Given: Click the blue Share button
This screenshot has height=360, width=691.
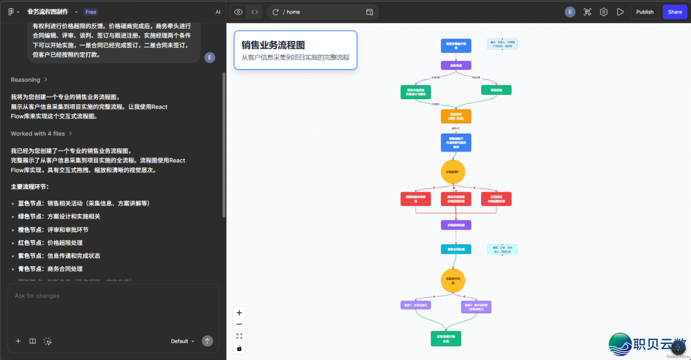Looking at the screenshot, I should coord(674,12).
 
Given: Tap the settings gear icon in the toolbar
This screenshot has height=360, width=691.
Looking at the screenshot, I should coord(603,12).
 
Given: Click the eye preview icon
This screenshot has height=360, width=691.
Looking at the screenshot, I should coord(238,12).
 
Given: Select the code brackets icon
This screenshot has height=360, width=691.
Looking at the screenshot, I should coord(255,12).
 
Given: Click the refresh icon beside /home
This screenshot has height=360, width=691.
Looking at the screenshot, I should coord(276,12).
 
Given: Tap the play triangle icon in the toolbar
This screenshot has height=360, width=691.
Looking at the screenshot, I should coord(620,12).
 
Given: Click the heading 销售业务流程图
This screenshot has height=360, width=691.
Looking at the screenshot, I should coord(273,45).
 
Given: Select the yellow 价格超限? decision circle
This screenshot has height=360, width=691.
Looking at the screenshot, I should coord(453,171).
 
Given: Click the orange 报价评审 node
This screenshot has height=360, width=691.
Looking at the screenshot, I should coord(456,116).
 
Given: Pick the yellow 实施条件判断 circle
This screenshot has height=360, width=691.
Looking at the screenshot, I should coord(453,280).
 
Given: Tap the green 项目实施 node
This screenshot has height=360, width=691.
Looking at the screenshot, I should coord(496,90).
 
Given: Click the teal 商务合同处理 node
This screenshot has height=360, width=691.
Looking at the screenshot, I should coord(456,249).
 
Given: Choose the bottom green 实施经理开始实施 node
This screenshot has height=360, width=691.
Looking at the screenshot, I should coord(446,338).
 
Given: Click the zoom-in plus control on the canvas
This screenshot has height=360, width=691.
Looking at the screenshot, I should coord(239,313).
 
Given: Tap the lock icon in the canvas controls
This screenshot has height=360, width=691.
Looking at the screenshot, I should coord(239,348).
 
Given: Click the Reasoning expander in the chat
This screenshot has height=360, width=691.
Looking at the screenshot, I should coord(29,80).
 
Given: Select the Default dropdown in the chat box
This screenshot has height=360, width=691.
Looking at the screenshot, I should coord(182,341).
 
